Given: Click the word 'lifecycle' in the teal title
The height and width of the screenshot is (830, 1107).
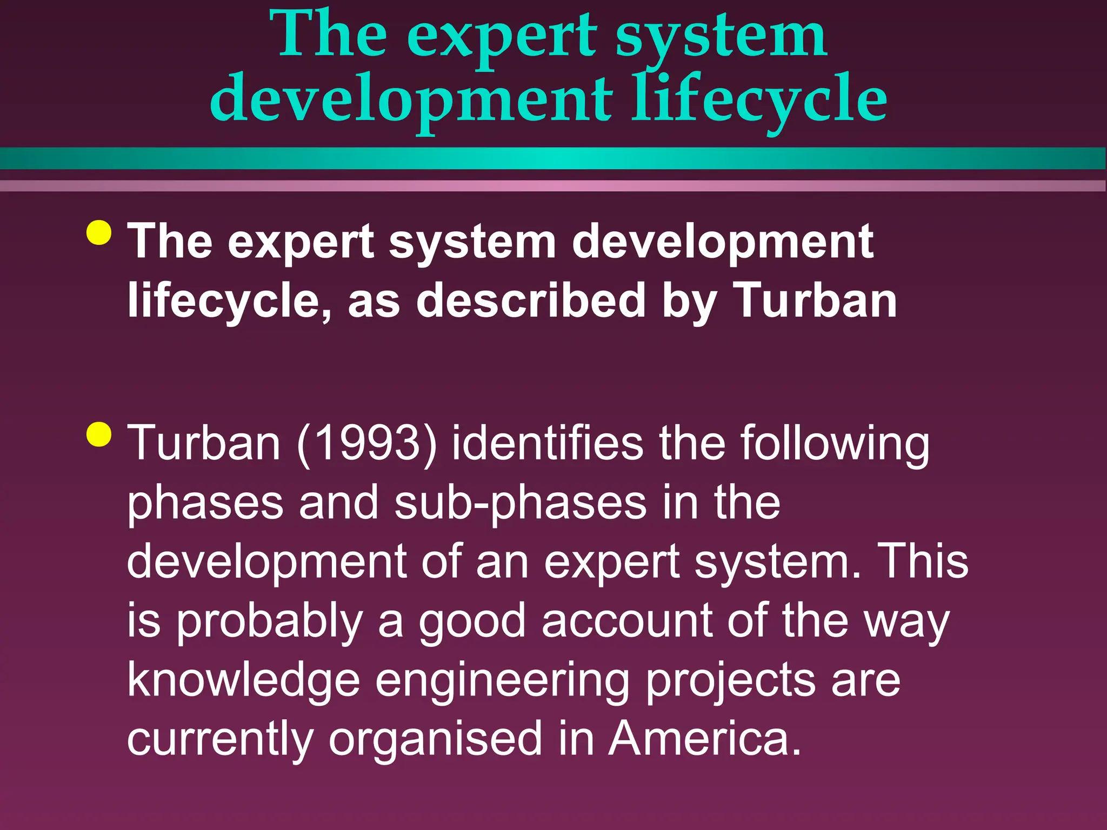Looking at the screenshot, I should coord(759,99).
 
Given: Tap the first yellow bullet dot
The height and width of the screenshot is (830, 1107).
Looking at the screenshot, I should coord(99,233).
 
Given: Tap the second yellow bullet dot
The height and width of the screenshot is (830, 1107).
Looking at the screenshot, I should coord(99,434).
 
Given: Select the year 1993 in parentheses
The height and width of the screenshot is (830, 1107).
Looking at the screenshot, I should coord(366,443).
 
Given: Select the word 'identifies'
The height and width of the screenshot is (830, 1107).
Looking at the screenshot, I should coord(547,443).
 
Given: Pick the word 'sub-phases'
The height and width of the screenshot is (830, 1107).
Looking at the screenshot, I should coord(520,503).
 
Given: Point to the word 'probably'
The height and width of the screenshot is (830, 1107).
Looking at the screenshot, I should coord(270,621).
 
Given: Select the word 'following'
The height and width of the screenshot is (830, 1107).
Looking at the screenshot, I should coord(835,443).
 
